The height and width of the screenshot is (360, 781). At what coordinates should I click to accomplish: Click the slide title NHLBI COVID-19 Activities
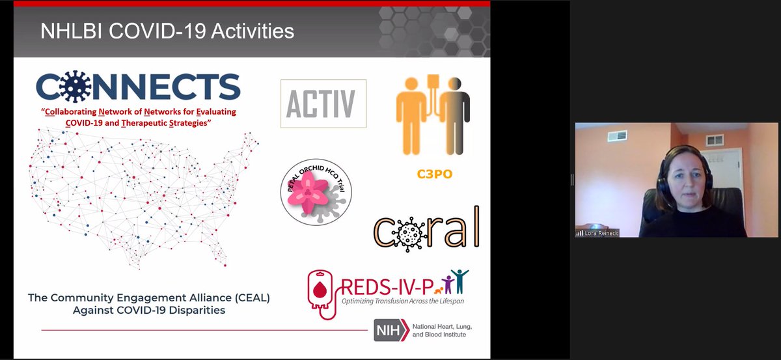167,31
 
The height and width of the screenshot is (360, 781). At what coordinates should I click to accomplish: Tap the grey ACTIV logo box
323,104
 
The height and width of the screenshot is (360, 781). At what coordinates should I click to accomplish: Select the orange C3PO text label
434,174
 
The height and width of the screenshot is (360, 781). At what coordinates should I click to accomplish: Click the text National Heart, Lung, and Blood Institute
437,330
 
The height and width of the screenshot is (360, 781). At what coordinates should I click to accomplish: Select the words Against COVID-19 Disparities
149,310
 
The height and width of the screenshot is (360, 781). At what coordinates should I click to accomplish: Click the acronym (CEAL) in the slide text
248,298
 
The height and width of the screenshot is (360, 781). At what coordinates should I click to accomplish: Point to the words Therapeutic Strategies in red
172,122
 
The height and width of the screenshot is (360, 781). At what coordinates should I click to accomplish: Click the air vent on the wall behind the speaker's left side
616,136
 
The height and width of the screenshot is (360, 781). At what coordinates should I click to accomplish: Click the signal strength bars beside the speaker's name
579,232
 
